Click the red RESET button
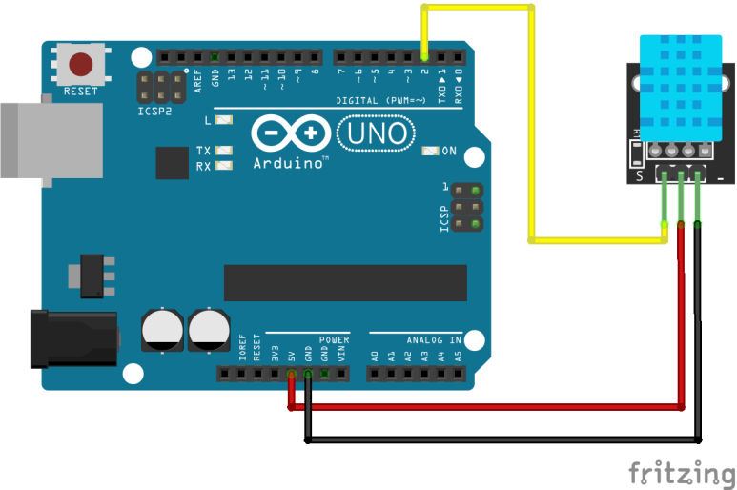pyautogui.click(x=81, y=65)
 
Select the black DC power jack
pyautogui.click(x=72, y=339)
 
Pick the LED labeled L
pyautogui.click(x=225, y=121)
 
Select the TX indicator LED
pyautogui.click(x=225, y=152)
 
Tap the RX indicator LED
pyautogui.click(x=225, y=166)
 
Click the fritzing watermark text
pyautogui.click(x=681, y=472)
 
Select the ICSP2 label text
pyautogui.click(x=154, y=112)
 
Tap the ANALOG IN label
pyautogui.click(x=434, y=339)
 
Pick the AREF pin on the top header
pyautogui.click(x=197, y=56)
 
